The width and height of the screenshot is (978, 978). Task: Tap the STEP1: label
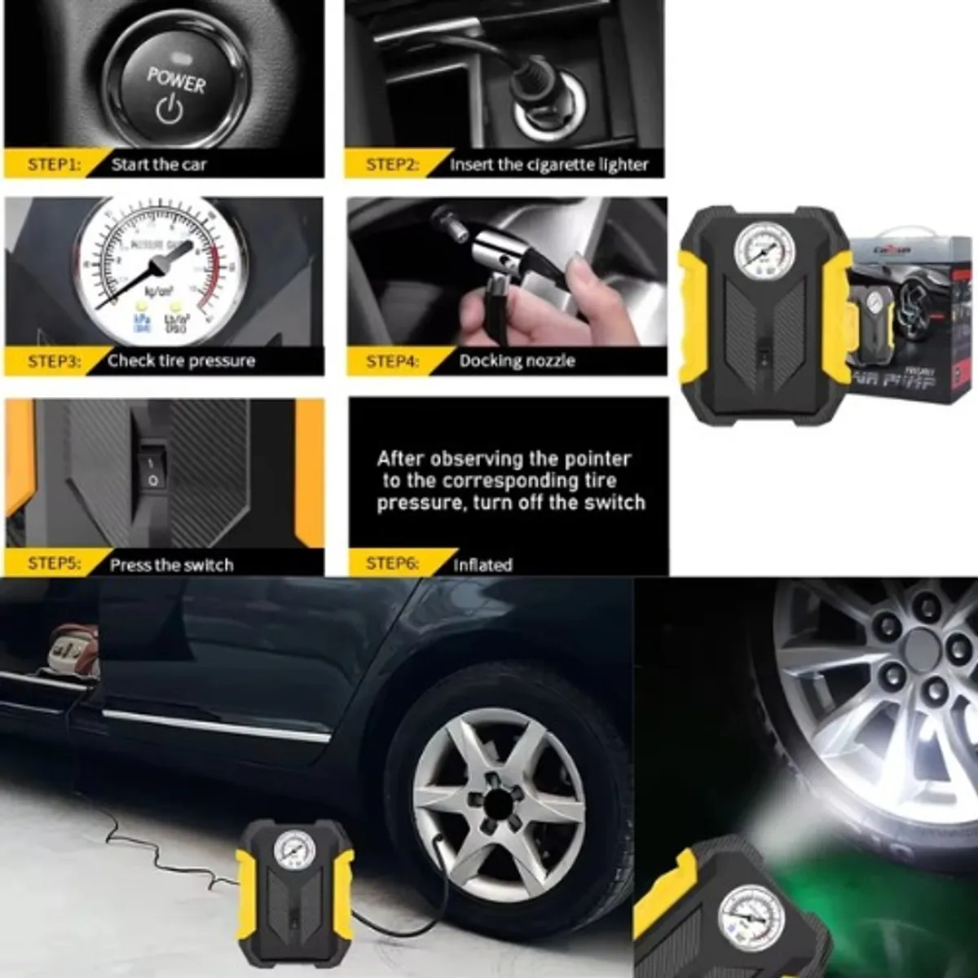point(54,165)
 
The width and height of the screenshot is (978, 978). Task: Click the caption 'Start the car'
point(159,165)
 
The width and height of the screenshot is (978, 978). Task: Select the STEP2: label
point(392,165)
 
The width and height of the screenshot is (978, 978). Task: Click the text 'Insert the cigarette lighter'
point(548,165)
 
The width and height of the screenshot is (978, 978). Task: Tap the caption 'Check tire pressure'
point(181,361)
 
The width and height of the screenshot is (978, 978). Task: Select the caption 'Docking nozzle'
point(517,361)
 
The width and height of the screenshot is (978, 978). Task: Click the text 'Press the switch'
point(171,565)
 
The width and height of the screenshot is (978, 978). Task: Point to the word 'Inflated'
point(482,565)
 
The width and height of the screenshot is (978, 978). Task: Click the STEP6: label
point(392,564)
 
